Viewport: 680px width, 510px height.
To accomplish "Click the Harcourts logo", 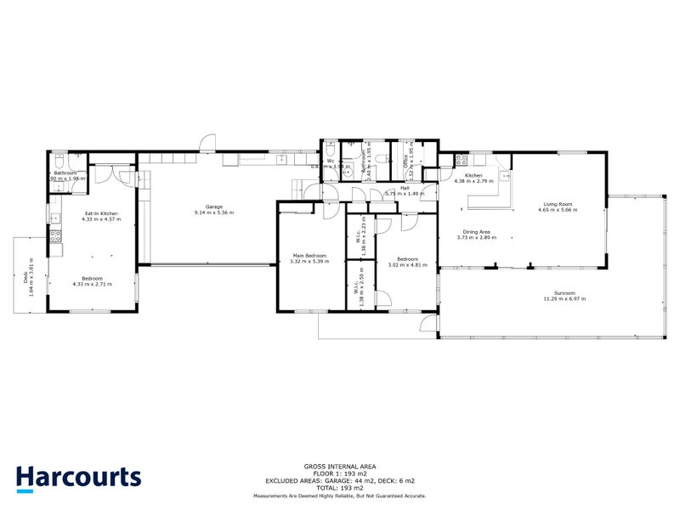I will pyautogui.click(x=79, y=477).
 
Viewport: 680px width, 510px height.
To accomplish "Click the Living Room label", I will pyautogui.click(x=558, y=203).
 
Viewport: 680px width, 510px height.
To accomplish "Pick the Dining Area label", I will pyautogui.click(x=475, y=231).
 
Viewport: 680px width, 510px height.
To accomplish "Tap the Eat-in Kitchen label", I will pyautogui.click(x=101, y=213).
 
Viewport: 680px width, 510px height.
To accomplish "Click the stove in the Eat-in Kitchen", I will pyautogui.click(x=55, y=237).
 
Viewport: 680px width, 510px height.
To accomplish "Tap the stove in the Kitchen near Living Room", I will pyautogui.click(x=463, y=158).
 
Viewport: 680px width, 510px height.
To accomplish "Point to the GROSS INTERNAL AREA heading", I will pyautogui.click(x=339, y=466).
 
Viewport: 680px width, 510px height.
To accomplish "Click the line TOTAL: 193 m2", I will pyautogui.click(x=339, y=489).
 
